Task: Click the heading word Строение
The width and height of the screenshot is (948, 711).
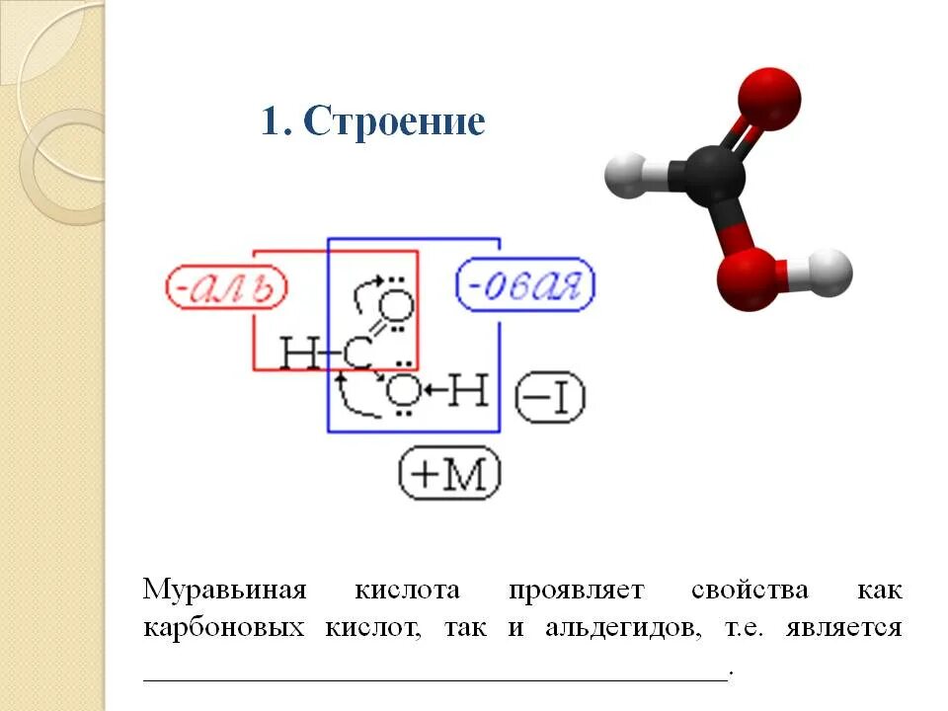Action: (x=394, y=121)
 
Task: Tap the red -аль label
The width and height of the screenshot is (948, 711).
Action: (x=225, y=289)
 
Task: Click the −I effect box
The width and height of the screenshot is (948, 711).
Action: (x=550, y=398)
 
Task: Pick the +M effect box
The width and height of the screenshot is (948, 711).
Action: (x=449, y=475)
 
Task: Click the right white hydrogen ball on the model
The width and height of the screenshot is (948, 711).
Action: (x=827, y=273)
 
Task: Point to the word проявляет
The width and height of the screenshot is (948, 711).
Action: (x=577, y=591)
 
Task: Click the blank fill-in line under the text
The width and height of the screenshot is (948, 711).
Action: (x=434, y=675)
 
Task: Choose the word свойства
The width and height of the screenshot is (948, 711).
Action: (x=750, y=591)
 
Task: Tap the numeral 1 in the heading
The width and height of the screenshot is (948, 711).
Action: (x=271, y=121)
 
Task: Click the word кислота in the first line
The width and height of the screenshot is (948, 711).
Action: (x=407, y=591)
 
